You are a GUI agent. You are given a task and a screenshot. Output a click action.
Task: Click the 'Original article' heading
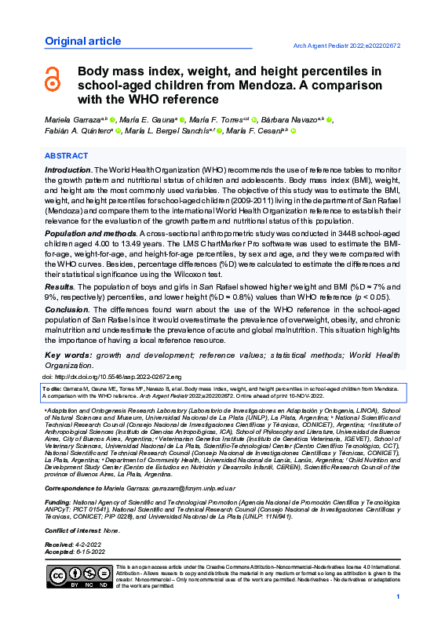coord(77,41)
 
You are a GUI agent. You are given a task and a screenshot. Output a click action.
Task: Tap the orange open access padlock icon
coord(53,78)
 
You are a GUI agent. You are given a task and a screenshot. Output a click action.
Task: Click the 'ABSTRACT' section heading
coord(66,156)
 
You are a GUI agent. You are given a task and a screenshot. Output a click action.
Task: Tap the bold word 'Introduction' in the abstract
coord(67,170)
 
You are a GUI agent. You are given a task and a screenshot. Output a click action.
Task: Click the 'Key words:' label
coord(68,355)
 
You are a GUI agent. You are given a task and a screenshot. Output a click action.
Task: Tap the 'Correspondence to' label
coord(78,486)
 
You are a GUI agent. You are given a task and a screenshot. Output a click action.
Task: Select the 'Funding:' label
coord(57,501)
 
